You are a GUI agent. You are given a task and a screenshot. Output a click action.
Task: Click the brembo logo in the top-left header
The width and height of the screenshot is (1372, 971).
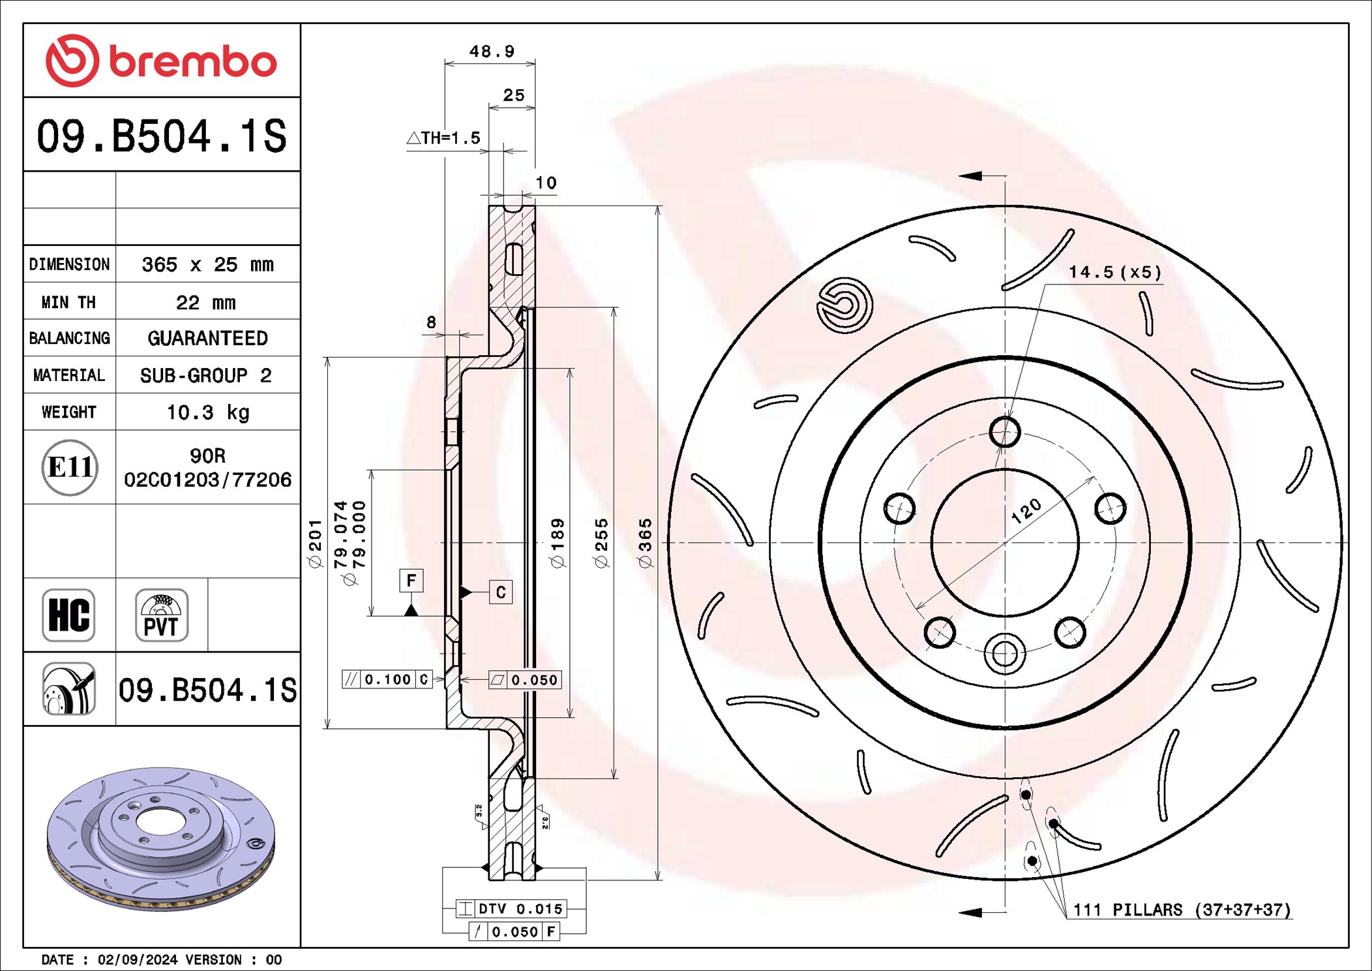coord(161,61)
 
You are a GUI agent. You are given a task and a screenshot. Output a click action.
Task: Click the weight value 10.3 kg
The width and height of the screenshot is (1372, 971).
coord(207,412)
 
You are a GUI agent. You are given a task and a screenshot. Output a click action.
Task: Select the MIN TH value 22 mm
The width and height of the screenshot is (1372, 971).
coord(206,302)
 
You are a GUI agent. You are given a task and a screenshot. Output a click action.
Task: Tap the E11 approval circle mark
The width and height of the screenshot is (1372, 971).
coord(70,467)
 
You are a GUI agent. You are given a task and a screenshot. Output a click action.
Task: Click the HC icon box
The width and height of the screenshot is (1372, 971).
coord(68,615)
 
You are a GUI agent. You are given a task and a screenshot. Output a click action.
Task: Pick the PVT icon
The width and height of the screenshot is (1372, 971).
coord(161,615)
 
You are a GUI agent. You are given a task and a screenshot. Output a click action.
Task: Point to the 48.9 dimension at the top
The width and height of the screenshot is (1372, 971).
coord(492,52)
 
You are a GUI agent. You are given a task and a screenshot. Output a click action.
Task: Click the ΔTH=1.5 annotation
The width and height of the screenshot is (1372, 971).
coord(443,138)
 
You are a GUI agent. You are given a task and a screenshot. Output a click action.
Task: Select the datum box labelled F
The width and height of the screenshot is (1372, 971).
coord(411,580)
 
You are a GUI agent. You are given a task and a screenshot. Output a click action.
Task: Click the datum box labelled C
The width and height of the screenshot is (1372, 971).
coord(500,592)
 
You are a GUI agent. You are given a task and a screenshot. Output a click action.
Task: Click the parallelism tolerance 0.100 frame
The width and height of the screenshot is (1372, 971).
coord(387,679)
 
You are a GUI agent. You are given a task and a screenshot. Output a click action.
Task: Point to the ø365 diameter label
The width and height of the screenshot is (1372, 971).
coord(645,543)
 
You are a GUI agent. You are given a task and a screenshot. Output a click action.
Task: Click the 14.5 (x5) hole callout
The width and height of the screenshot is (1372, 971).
coord(1114,272)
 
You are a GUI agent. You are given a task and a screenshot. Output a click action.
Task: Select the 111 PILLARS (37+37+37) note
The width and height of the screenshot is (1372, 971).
coord(1182,910)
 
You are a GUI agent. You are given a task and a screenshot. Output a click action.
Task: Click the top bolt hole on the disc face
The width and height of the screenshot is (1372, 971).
coord(1004,432)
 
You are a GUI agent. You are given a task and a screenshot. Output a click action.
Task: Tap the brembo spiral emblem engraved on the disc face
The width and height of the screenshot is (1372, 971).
coord(844,305)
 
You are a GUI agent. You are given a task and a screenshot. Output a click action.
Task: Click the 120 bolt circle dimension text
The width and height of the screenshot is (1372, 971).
coord(1026,511)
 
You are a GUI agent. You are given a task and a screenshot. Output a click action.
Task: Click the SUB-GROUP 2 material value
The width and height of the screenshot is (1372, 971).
coord(206,376)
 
